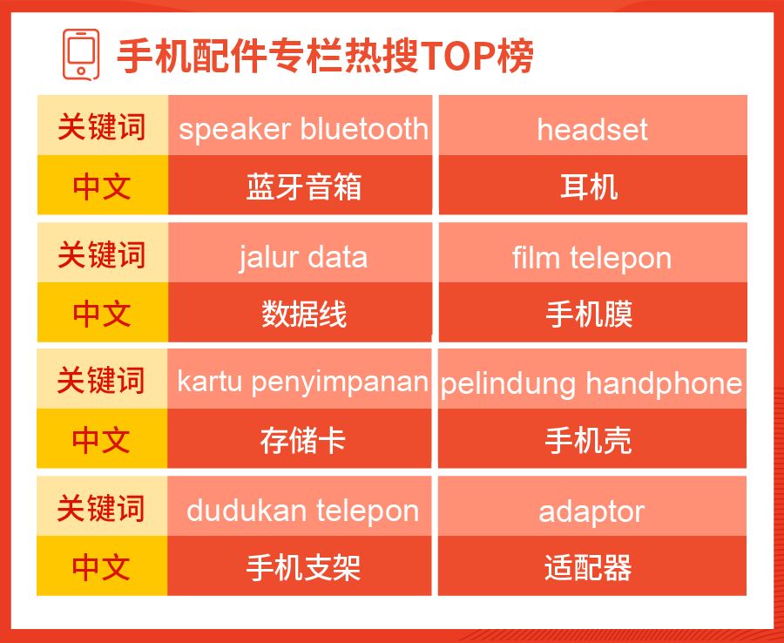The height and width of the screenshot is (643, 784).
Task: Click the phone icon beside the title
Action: [x=80, y=54]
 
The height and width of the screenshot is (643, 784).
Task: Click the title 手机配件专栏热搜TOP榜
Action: [x=325, y=55]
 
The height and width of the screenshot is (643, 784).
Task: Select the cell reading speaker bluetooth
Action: [x=300, y=125]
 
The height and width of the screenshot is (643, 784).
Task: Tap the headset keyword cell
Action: [x=593, y=125]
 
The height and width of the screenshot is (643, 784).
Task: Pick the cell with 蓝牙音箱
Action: [x=300, y=185]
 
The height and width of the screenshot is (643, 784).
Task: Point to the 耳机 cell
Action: [x=593, y=185]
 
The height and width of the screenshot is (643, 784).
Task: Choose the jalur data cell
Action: [x=300, y=253]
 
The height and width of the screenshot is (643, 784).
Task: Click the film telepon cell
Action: [x=593, y=253]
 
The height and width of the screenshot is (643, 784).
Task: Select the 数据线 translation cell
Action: [x=300, y=312]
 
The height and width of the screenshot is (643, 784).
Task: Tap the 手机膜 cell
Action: [x=593, y=312]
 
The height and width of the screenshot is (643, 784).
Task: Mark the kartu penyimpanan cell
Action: [x=300, y=379]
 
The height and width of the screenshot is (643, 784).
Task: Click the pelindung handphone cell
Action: [x=592, y=379]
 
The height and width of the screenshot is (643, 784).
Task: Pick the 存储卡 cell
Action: [x=300, y=438]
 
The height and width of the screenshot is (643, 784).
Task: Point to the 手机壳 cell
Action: [x=592, y=438]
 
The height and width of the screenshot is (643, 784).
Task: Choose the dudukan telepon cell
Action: [x=300, y=506]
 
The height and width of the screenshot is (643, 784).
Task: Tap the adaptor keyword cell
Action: [x=592, y=506]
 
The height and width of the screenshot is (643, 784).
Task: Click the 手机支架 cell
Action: [x=300, y=566]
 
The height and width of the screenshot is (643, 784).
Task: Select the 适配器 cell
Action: [x=592, y=566]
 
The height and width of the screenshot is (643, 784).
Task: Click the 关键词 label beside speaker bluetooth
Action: [x=103, y=125]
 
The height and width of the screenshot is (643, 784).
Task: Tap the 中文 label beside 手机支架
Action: [x=102, y=566]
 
